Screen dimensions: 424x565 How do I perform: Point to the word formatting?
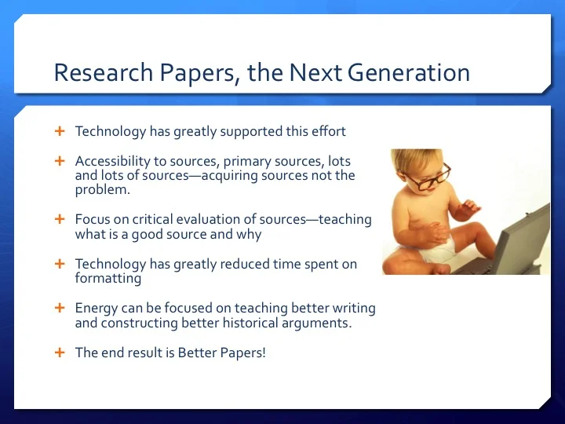108,279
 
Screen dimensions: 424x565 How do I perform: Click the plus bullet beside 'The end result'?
59,353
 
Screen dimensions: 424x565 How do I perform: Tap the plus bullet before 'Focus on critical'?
59,220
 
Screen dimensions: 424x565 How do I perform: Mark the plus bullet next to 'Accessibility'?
59,161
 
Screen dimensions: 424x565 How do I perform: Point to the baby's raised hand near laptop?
471,208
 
